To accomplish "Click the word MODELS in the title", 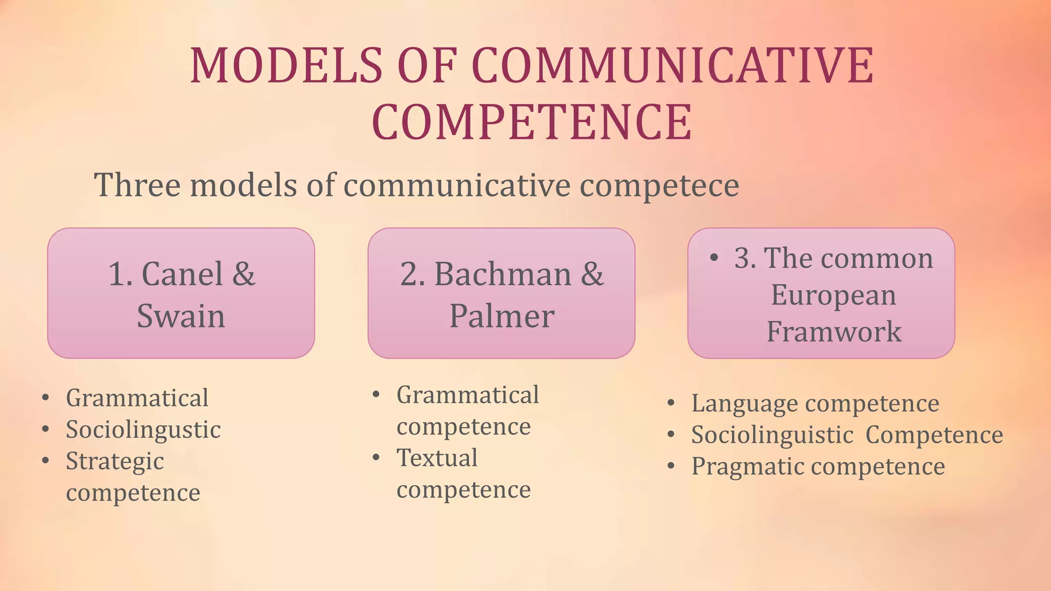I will point(286,66).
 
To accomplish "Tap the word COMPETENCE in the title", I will point(532,122).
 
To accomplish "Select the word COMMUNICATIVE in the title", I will point(672,66).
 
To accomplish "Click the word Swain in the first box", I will point(181,316).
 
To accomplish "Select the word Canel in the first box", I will point(182,274).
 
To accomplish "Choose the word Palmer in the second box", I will point(501,316).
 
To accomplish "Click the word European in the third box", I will point(833,295).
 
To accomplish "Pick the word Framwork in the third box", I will point(834,331).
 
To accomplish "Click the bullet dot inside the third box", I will point(714,257).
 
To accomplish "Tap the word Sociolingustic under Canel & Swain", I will point(143,430).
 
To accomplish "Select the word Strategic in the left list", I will point(115,462).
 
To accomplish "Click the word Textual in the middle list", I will point(437,458).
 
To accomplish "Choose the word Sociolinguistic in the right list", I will point(772,435).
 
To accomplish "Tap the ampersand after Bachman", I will point(592,274).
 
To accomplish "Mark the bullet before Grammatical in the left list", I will point(46,398).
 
